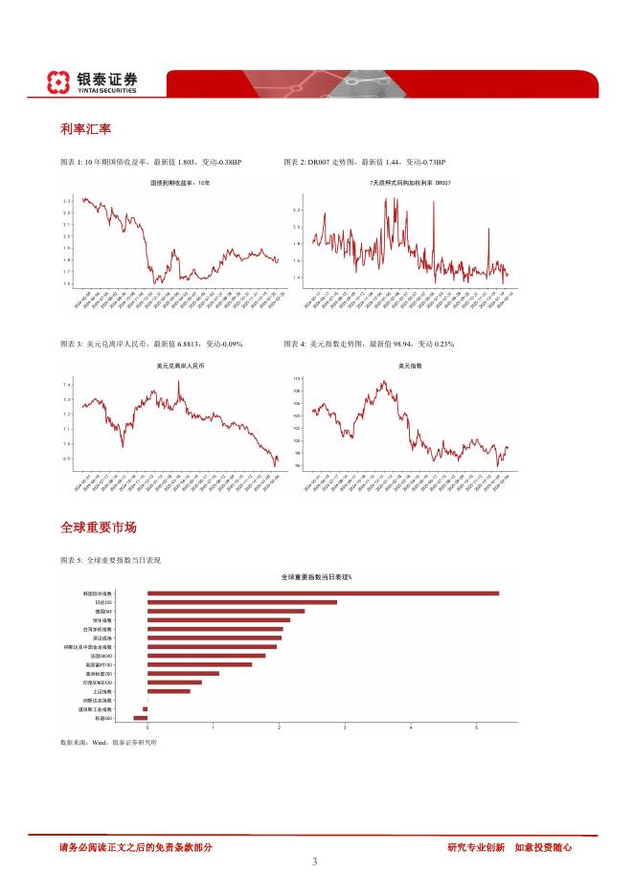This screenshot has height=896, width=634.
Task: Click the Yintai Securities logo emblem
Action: coord(61,82)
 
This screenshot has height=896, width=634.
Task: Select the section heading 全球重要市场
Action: coord(98,527)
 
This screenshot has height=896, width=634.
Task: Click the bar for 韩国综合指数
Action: coord(323,594)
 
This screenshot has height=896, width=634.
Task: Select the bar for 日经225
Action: coord(242,602)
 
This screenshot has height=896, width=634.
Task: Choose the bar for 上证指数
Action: coord(169,691)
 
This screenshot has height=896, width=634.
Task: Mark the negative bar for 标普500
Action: coord(140,718)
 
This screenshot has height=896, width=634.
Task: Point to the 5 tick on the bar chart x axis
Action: coord(477,728)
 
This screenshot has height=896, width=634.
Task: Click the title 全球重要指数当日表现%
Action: coord(316,577)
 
